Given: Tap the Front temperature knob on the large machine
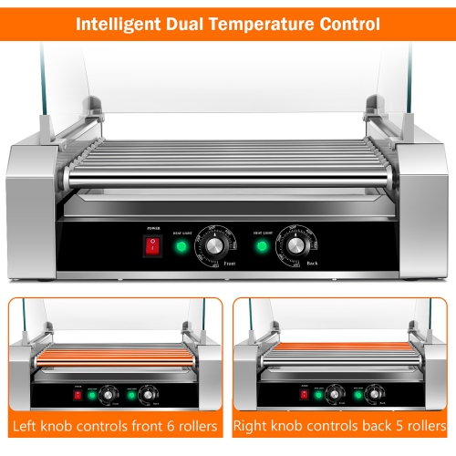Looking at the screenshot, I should (215, 246).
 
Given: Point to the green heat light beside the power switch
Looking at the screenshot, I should (181, 246).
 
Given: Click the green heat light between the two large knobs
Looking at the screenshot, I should (262, 246).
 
